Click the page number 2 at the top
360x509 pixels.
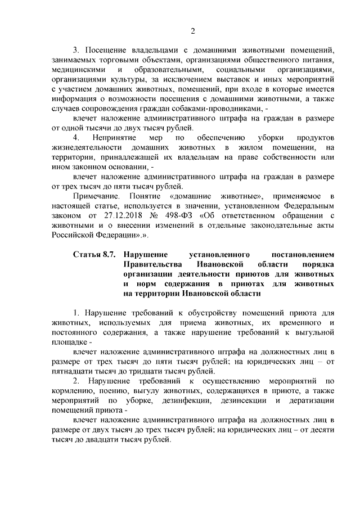(192, 30)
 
